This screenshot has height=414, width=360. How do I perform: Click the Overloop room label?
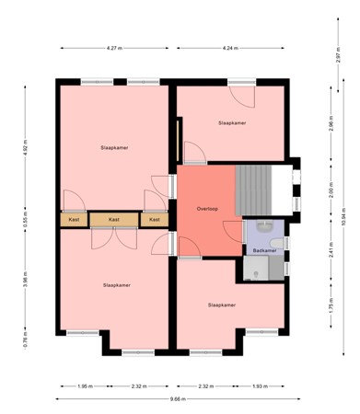[x=207, y=209]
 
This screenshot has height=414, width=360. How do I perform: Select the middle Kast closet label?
[x=114, y=219]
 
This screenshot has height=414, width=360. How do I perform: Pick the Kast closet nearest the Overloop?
[x=155, y=219]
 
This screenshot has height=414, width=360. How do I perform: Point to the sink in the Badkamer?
[x=265, y=226]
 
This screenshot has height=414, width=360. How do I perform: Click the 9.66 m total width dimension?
[x=178, y=398]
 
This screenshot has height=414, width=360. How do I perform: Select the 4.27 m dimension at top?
[x=114, y=47]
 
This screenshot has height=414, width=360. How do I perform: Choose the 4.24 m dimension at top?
[x=232, y=47]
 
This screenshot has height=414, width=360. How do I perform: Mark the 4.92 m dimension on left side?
[x=27, y=146]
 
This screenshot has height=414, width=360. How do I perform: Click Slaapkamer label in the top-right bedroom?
[x=232, y=121]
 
